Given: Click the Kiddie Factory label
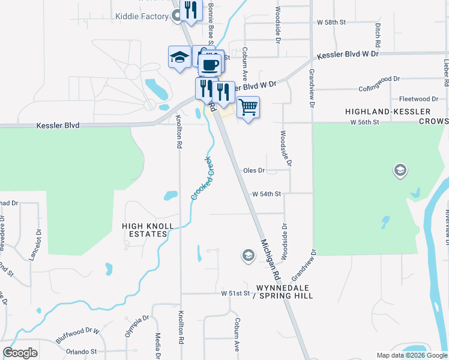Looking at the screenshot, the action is pos(142,16).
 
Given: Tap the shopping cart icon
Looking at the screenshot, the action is pos(248,108).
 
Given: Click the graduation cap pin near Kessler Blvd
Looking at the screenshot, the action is pos(179,58).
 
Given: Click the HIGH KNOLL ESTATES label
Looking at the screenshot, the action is pos(148,230).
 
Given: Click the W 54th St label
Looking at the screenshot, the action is pos(267,194).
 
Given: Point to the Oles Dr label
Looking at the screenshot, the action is pos(254,170).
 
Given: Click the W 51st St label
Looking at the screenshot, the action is pos(235,293).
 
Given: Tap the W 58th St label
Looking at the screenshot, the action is pos(332,22).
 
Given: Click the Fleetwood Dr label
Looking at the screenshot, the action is pos(418,99).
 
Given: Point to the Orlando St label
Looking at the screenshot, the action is pos(82,351).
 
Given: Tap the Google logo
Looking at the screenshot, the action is pos(20,353).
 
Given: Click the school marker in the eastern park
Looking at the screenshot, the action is pos(400,172).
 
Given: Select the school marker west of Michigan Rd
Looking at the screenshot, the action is pos(247,256).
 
